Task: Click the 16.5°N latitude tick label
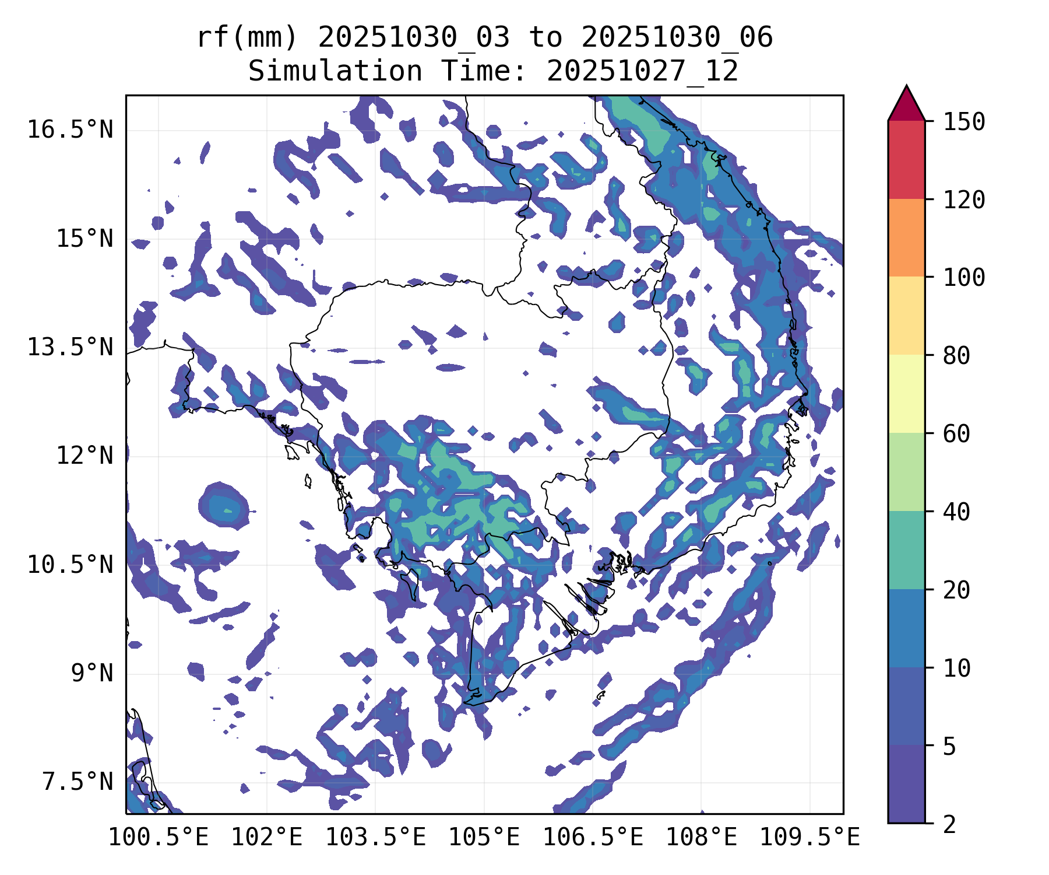point(70,129)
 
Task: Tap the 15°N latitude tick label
point(84,239)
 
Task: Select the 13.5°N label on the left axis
point(70,347)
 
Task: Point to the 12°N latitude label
point(84,456)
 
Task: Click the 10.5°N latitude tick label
point(70,565)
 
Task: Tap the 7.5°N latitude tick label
point(78,782)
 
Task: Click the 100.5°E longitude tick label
point(159,837)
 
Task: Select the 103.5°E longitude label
point(375,837)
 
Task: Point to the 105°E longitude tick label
point(484,837)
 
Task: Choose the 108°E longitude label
point(701,837)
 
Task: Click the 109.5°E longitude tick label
point(809,837)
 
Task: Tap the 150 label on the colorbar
point(964,122)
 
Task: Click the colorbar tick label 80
point(956,355)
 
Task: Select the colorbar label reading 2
point(949,824)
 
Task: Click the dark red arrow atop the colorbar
point(906,105)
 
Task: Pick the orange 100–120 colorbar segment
point(906,237)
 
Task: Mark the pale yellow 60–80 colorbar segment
point(906,394)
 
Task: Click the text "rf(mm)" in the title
point(247,38)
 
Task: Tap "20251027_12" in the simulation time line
point(642,72)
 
